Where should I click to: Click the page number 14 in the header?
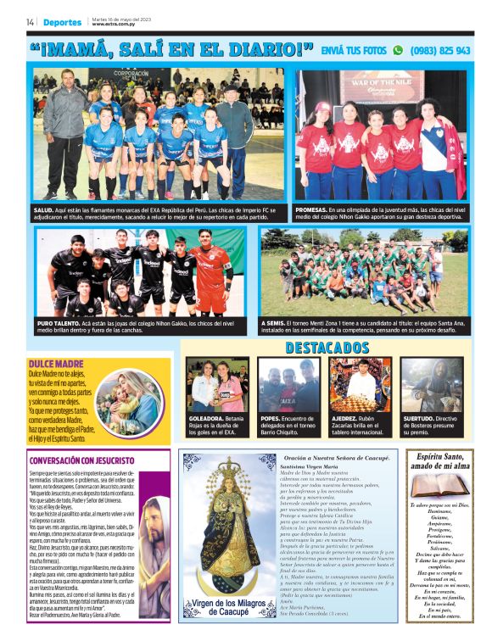coord(30,22)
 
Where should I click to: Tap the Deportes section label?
coord(64,22)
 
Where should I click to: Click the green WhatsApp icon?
coord(397,50)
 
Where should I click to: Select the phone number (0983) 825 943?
coord(440,50)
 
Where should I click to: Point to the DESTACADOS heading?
coord(327,348)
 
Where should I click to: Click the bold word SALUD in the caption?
coord(45,209)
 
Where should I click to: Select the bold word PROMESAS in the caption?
coord(314,209)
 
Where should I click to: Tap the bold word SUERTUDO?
coord(419,418)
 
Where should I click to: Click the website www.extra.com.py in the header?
coord(115,25)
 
